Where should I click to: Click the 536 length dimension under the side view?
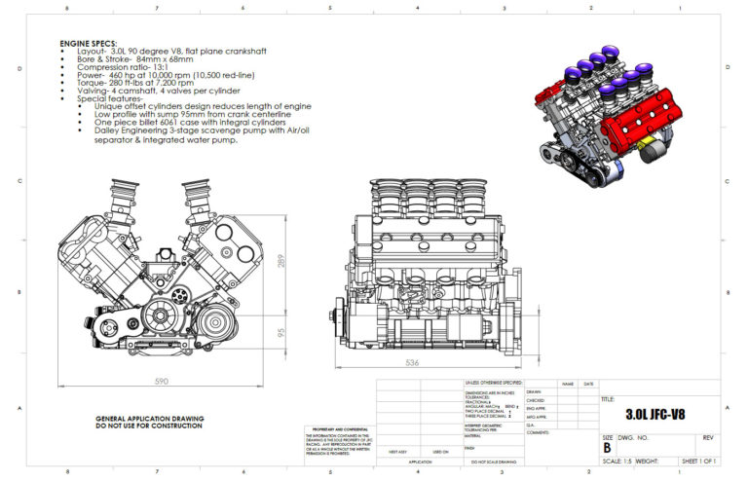click(x=413, y=363)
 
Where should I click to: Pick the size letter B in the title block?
click(x=608, y=449)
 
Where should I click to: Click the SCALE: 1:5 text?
click(x=619, y=461)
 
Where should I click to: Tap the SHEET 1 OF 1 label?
click(x=698, y=461)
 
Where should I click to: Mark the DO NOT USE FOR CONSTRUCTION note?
click(x=149, y=426)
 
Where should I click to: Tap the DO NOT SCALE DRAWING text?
click(x=494, y=462)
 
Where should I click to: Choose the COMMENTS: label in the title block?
click(x=540, y=431)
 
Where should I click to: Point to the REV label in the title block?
click(x=708, y=438)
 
